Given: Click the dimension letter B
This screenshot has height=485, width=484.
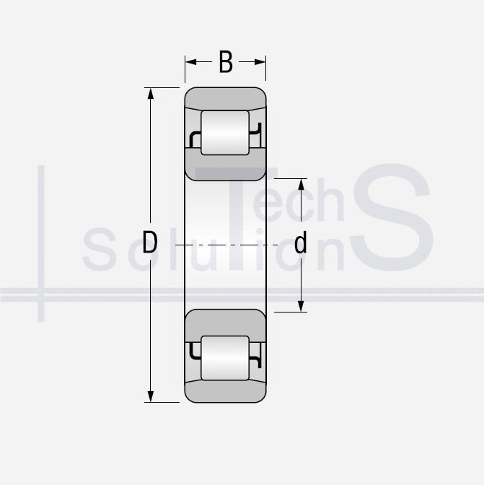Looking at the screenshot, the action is click(x=226, y=62).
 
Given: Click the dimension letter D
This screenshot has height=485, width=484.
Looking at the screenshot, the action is click(x=150, y=242).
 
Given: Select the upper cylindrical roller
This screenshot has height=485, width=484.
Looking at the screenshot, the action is click(x=225, y=133).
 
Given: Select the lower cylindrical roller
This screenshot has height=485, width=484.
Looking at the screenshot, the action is click(x=225, y=358).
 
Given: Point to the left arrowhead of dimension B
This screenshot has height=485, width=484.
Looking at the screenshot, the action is click(x=191, y=62).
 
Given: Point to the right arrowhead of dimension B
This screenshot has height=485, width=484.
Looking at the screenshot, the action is click(x=260, y=62).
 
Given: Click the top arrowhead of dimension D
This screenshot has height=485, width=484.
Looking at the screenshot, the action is click(x=151, y=94).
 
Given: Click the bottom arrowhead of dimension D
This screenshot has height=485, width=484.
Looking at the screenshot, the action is click(x=151, y=396).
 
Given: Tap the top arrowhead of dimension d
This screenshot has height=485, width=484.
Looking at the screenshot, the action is click(x=301, y=185).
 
